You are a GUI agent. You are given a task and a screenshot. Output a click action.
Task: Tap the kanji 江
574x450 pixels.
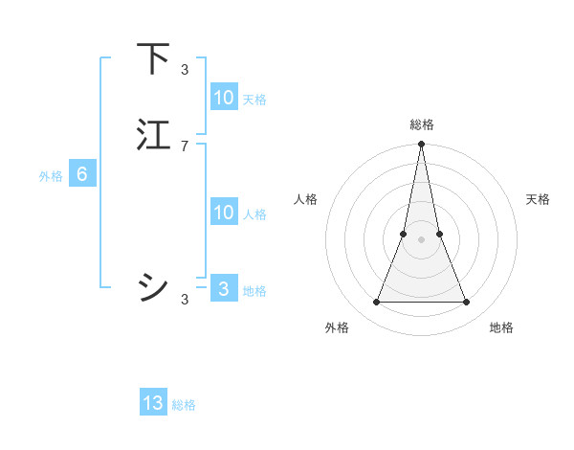coord(153,135)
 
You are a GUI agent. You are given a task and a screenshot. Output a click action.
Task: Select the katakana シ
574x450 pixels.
coord(153,286)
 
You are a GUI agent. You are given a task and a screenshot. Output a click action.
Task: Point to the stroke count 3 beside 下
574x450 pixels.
coord(185,69)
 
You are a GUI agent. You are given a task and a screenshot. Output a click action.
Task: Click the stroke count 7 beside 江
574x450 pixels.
coord(185,146)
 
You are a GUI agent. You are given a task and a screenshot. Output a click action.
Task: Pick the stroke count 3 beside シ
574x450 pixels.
coord(185,300)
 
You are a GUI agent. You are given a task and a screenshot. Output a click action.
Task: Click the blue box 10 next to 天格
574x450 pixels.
coord(223,98)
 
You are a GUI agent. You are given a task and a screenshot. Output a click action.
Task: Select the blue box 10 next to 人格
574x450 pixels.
coord(223,213)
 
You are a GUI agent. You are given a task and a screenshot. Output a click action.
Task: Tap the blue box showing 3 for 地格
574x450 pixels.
coord(223,289)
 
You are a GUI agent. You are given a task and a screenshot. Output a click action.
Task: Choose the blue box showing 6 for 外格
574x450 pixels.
coord(81,174)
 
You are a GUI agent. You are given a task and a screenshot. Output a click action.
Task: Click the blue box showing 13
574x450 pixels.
coord(153,403)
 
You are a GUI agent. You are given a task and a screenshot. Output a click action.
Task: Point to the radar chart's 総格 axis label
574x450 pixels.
coord(421,125)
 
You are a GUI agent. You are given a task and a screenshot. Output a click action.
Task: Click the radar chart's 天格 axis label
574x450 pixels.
coord(538,199)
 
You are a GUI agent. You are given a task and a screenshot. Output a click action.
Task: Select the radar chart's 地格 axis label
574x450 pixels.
coord(501,327)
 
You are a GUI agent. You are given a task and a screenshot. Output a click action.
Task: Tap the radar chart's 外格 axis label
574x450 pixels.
coord(337,327)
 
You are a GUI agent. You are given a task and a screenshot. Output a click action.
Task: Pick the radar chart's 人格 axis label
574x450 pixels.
coord(305,199)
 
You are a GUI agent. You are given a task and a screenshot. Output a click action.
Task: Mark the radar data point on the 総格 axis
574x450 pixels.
coord(421,145)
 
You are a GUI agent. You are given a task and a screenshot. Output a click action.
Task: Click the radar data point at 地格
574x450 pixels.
coord(467,303)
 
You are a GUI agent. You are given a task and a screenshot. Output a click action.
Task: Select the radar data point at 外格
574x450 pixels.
coord(376,303)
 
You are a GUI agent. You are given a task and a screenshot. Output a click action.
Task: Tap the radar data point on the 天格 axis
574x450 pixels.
coord(439,234)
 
